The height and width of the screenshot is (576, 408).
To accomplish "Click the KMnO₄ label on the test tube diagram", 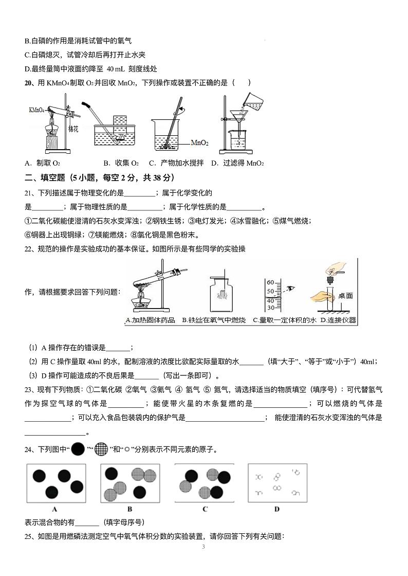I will (35, 110).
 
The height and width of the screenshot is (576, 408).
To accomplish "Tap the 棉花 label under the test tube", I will (73, 128).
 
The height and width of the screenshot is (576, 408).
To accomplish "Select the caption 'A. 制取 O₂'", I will (43, 164).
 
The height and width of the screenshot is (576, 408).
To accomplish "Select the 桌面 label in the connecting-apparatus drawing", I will (345, 296).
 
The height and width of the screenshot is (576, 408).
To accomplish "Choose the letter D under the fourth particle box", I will (277, 509).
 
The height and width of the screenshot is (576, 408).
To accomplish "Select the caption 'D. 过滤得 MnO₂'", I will (237, 164).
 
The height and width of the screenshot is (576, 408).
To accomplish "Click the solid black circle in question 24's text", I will (78, 449).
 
